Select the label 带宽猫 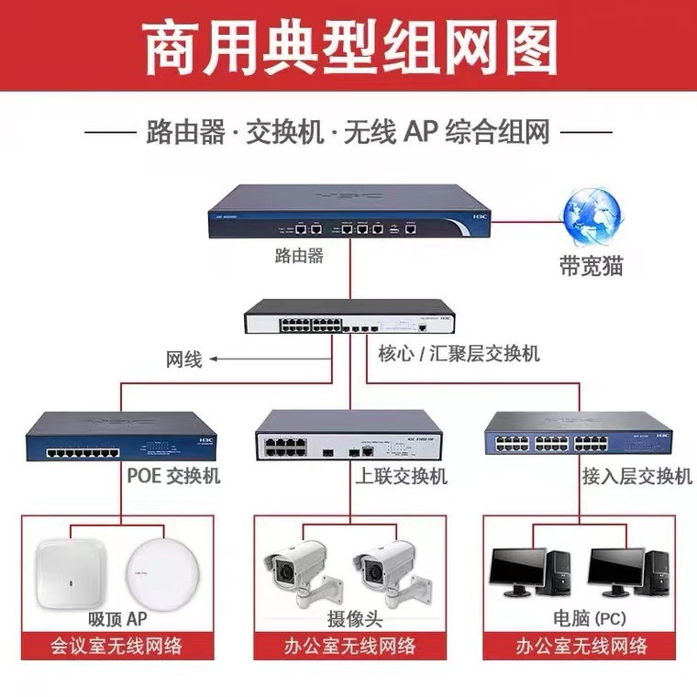pos(591,266)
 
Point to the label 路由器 pos(299,256)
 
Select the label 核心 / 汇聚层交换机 pos(459,353)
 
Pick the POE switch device pos(118,437)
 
